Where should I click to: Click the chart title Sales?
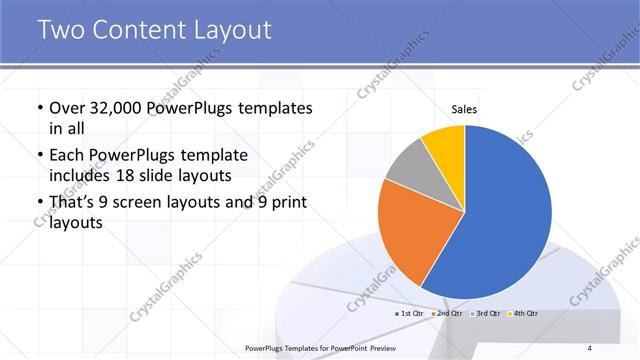point(465,108)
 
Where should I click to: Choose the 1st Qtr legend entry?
point(411,314)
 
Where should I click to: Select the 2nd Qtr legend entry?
point(447,314)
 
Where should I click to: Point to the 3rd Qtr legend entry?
point(485,314)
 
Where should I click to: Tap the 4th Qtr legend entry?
point(524,314)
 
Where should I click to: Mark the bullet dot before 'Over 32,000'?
point(39,108)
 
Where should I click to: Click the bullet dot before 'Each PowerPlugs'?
point(39,156)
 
